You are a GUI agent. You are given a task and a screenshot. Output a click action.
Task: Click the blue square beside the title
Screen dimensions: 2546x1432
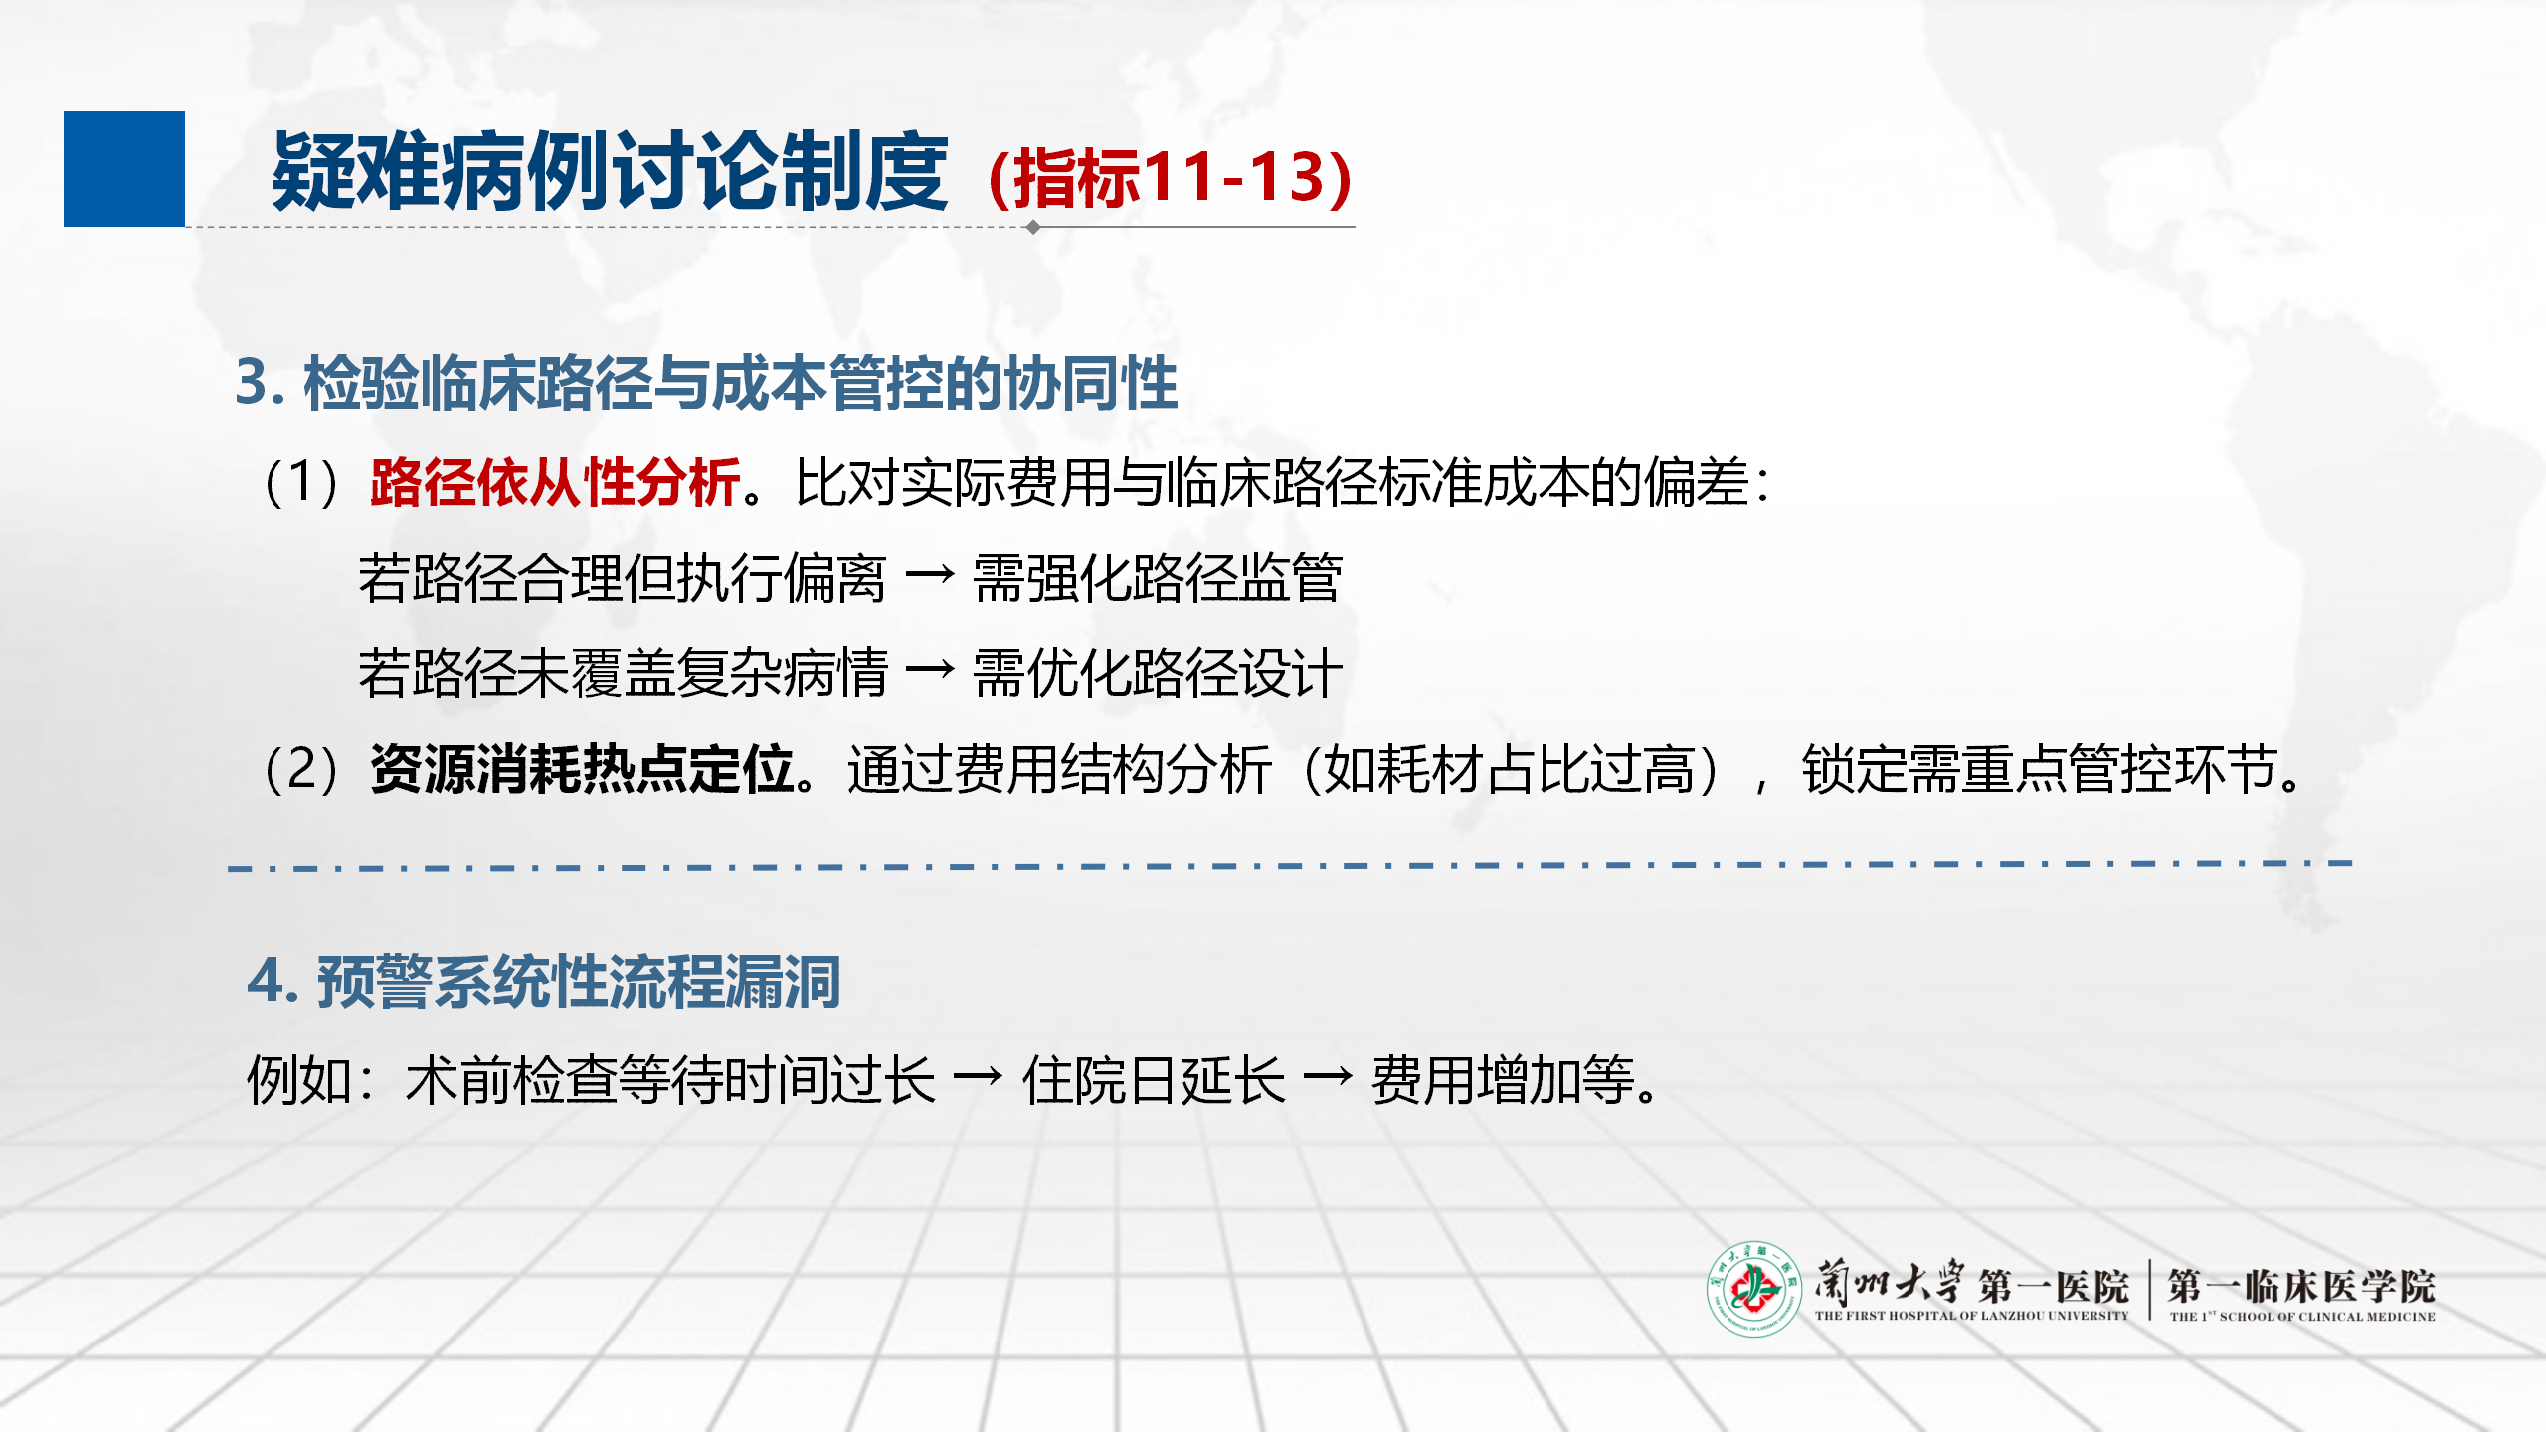click(124, 169)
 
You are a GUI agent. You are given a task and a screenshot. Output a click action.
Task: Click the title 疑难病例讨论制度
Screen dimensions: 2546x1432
click(610, 171)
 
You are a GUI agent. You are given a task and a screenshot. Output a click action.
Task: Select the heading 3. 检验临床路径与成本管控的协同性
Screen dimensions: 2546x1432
click(706, 383)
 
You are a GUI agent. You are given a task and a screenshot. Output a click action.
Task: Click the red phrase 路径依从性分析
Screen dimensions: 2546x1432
click(555, 483)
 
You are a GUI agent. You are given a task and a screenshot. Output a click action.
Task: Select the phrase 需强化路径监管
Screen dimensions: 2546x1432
click(1158, 578)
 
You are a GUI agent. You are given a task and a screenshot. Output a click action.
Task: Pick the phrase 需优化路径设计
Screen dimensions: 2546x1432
click(1158, 673)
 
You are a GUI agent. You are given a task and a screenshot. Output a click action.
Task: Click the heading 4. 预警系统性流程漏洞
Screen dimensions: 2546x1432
click(544, 982)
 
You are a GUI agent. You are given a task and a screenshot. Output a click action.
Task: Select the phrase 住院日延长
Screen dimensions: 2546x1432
click(1154, 1080)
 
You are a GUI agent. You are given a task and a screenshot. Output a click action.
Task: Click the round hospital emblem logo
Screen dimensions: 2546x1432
click(1754, 1289)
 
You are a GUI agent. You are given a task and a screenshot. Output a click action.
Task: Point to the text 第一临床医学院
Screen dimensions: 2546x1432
click(2301, 1286)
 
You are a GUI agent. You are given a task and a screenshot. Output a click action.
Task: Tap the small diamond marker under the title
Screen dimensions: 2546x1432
click(1033, 227)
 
